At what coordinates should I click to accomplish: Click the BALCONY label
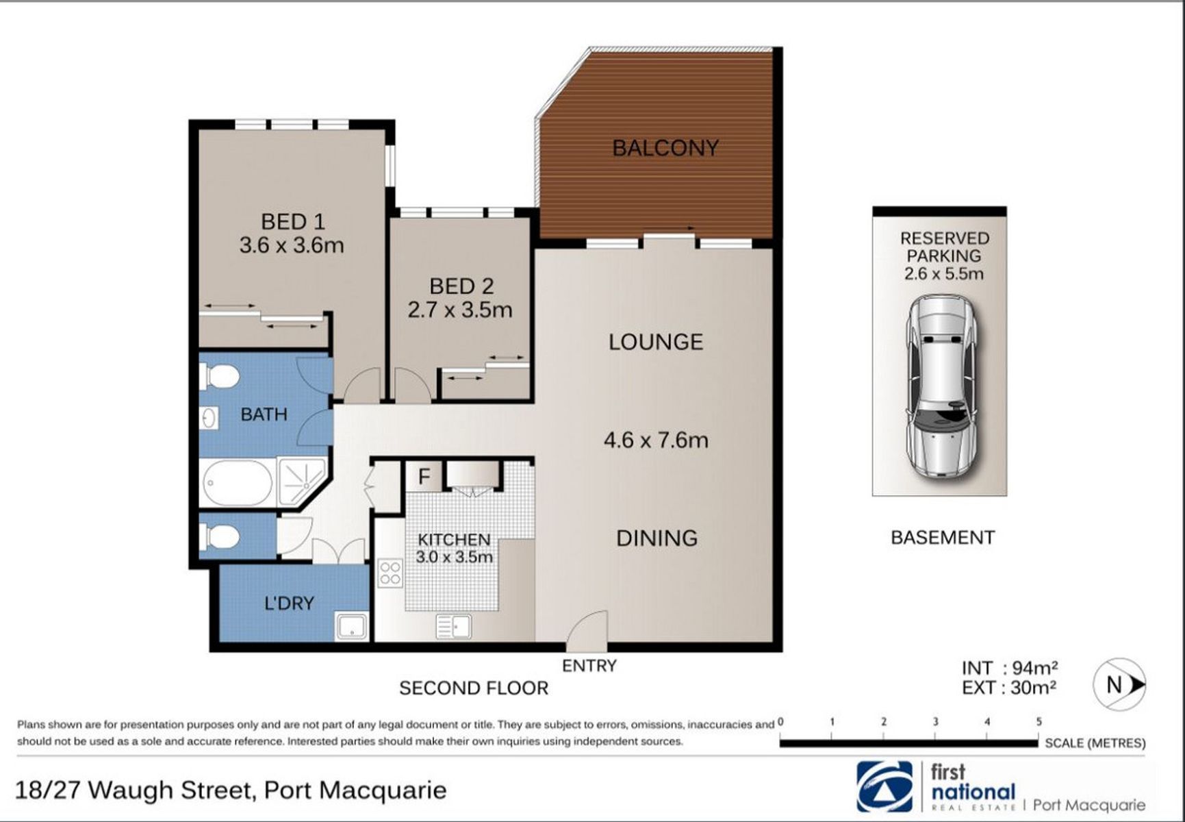[665, 148]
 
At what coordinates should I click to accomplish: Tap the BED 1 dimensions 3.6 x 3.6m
[292, 245]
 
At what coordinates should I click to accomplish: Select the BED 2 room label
[461, 286]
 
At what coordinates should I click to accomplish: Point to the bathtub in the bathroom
[238, 482]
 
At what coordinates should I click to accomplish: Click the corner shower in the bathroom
[301, 482]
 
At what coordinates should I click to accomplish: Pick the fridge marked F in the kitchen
[424, 476]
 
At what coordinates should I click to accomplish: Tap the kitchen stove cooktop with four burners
[390, 573]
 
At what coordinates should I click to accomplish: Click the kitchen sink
[453, 626]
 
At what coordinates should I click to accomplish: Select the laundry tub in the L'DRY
[351, 626]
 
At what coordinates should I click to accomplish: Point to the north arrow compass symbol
[1119, 684]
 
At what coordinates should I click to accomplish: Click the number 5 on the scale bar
[1039, 721]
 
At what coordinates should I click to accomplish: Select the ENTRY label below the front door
[589, 665]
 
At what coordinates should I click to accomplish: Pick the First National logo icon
[884, 786]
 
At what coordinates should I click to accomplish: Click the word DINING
[657, 538]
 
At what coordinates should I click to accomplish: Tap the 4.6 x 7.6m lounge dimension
[656, 440]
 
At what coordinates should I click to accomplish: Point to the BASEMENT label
[943, 538]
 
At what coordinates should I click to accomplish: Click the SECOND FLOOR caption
[474, 688]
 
